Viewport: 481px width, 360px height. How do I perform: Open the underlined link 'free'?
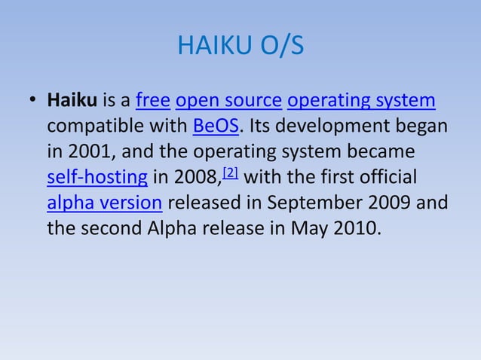tap(152, 100)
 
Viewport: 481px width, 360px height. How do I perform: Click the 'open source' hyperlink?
tap(228, 100)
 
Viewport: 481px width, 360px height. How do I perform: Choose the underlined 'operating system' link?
tap(361, 100)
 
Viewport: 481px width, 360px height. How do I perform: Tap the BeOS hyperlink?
tap(216, 126)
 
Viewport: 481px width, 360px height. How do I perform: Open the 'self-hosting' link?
tap(97, 178)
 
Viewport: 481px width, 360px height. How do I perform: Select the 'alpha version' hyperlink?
tap(104, 203)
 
